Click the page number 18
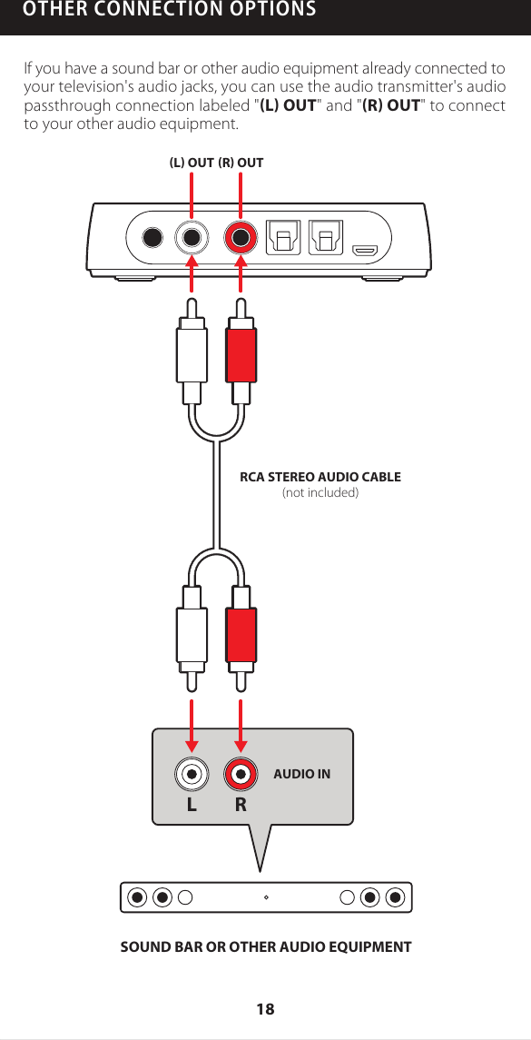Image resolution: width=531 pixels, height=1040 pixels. click(x=265, y=1009)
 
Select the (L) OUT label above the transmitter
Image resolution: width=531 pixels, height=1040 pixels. click(x=192, y=163)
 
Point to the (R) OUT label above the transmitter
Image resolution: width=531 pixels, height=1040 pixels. click(x=241, y=163)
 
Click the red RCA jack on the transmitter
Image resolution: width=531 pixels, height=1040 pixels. click(x=241, y=239)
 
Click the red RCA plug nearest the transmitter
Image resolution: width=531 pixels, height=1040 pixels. click(x=241, y=356)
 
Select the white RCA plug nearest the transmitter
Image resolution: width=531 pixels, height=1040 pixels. click(x=192, y=356)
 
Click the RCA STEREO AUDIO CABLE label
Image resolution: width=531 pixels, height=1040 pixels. click(x=320, y=477)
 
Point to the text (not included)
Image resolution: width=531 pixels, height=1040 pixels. click(x=320, y=493)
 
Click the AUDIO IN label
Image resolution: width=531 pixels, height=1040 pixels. click(x=301, y=775)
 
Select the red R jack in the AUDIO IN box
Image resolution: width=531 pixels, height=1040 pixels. click(x=241, y=775)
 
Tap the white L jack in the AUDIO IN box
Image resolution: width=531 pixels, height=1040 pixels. click(x=192, y=775)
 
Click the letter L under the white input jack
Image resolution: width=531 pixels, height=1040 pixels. click(x=192, y=805)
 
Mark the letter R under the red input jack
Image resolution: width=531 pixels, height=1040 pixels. click(x=241, y=805)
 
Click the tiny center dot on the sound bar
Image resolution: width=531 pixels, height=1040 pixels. click(x=265, y=897)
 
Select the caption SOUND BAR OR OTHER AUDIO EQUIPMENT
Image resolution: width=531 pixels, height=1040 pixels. click(x=266, y=947)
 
